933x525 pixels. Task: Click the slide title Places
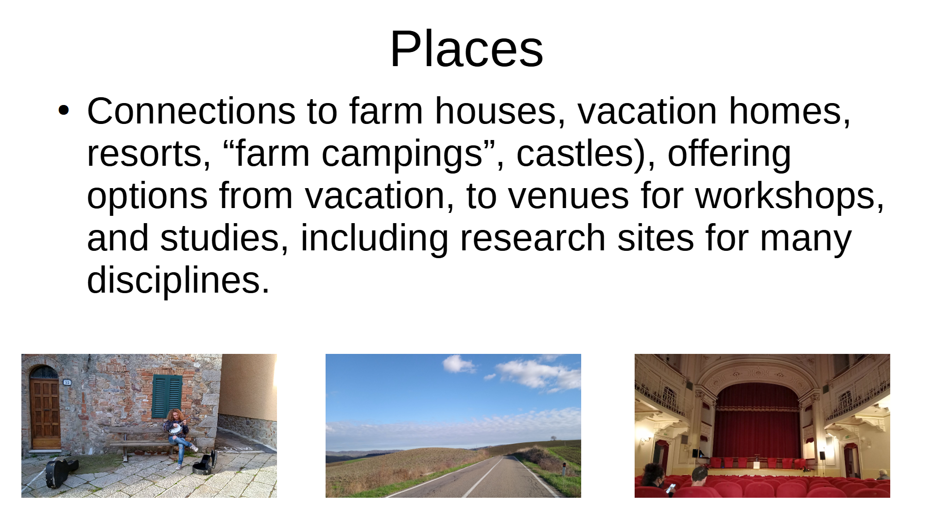[x=466, y=49]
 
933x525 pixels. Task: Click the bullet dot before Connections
[x=64, y=110]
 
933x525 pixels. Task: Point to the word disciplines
[x=173, y=280]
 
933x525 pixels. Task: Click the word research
[x=533, y=238]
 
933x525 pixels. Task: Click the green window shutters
[x=167, y=396]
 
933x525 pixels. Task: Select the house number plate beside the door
[x=67, y=383]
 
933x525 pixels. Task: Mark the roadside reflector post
[x=564, y=470]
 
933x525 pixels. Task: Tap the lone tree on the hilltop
[x=553, y=437]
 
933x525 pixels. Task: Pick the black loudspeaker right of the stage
[x=822, y=455]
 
